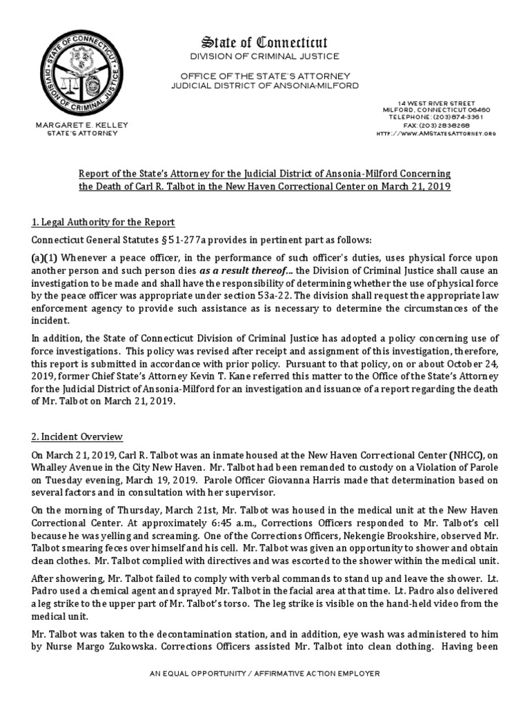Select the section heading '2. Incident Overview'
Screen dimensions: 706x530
coord(77,436)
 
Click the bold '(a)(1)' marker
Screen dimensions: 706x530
coord(44,257)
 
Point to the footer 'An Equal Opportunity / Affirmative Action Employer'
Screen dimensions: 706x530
coord(265,673)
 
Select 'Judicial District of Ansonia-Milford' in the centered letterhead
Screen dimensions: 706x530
coord(265,85)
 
